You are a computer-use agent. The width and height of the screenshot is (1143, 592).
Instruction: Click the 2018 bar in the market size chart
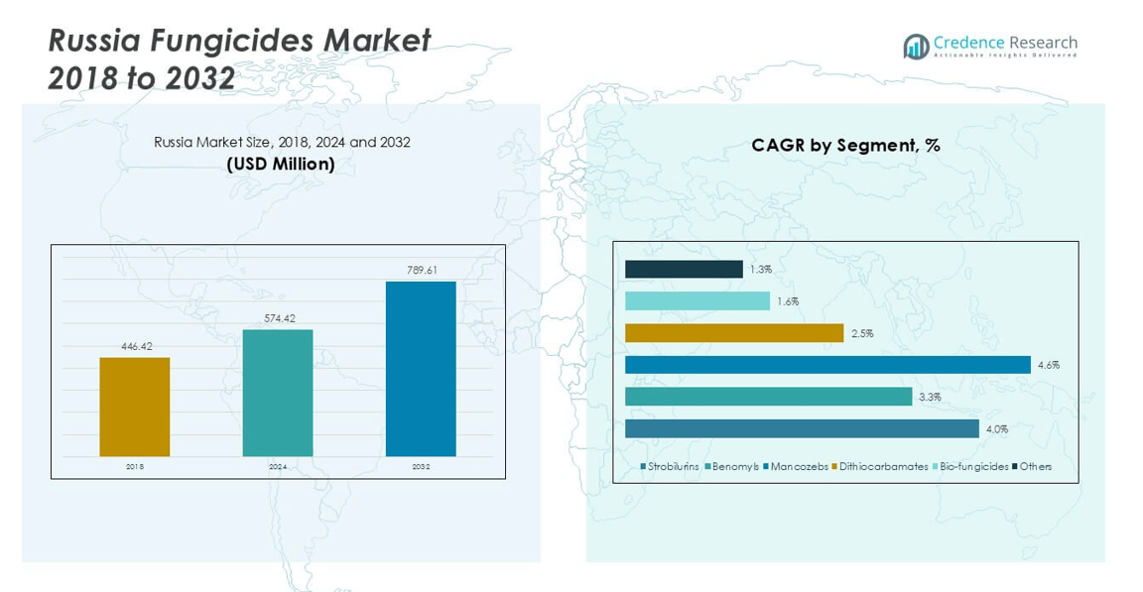[134, 407]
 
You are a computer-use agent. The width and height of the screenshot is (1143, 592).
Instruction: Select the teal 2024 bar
[278, 393]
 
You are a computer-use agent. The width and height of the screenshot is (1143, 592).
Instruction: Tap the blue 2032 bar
[421, 369]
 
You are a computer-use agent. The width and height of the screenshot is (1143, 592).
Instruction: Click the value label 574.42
[278, 318]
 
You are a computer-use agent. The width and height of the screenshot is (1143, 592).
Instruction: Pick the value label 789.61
[422, 270]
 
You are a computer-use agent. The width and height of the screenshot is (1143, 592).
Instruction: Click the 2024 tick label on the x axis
[278, 466]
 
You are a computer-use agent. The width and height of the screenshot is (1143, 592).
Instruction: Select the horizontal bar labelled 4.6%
[827, 365]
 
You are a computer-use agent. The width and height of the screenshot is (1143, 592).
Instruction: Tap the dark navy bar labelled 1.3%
[684, 269]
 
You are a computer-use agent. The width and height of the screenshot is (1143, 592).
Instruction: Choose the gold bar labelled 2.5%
[734, 333]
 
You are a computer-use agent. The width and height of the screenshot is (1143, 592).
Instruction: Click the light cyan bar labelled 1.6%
[698, 301]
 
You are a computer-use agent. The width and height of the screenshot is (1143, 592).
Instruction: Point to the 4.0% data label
[996, 429]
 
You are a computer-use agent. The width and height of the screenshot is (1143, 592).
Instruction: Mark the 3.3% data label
[930, 397]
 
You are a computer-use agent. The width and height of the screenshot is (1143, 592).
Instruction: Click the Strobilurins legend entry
[670, 466]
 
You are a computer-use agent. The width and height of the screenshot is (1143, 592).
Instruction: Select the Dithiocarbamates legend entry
[880, 466]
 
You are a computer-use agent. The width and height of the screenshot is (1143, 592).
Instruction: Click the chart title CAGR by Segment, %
[845, 146]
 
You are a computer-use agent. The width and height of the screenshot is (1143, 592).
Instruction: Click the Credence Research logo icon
[916, 47]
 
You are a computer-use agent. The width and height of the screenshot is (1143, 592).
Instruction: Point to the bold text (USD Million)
[282, 164]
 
